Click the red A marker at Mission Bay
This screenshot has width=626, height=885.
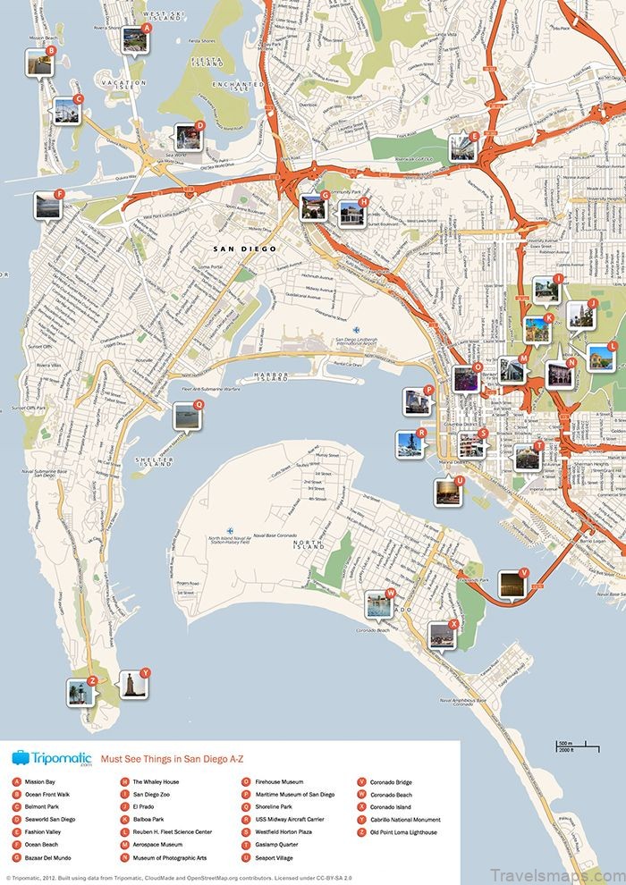coord(147,28)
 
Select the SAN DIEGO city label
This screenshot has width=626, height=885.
coord(244,249)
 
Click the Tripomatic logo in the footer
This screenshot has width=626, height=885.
coord(52,758)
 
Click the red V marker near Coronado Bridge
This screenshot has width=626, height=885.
coord(524,572)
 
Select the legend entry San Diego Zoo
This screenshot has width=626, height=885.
coord(151,794)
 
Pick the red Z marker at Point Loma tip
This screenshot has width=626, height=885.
coord(91,680)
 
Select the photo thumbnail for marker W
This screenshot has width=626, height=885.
coord(378,605)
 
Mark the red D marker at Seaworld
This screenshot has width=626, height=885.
coord(200,125)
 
